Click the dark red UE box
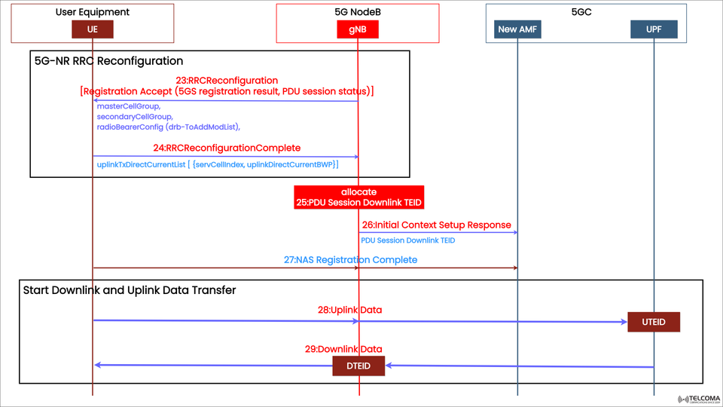tap(93, 29)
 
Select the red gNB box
tap(358, 29)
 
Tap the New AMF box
tap(518, 29)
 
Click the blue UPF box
tap(654, 29)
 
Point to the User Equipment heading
tap(93, 12)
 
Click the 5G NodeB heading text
tap(358, 12)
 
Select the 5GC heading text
tap(586, 12)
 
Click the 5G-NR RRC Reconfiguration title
tap(108, 61)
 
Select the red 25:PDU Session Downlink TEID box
tap(358, 197)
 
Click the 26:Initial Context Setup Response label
tap(436, 225)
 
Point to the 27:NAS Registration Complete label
tap(350, 259)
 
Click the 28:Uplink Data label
tap(349, 310)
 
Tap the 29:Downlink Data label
tap(343, 349)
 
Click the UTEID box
tap(653, 323)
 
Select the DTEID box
tap(358, 366)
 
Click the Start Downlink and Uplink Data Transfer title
tap(129, 289)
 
